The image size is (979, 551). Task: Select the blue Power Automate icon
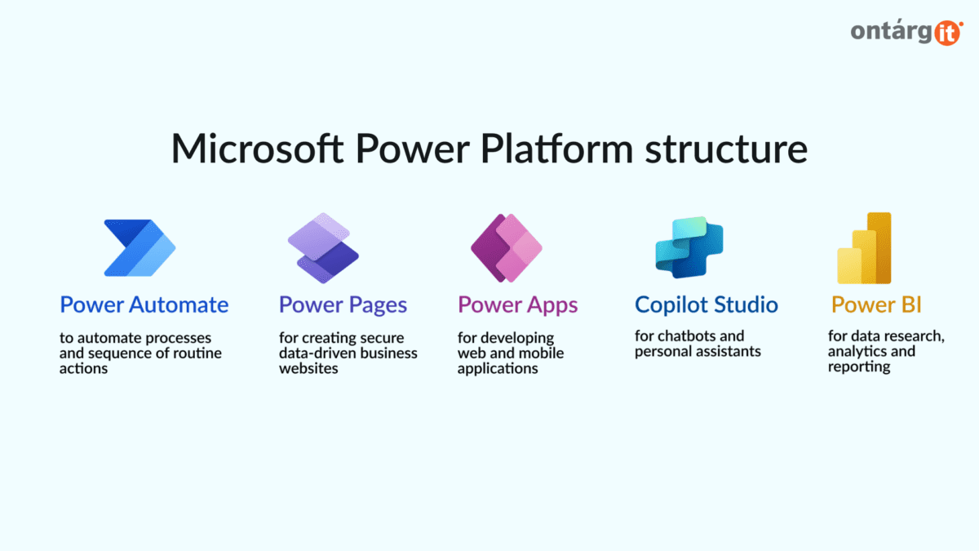tap(140, 247)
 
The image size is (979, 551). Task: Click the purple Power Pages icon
tap(319, 247)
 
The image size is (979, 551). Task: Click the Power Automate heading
tap(144, 305)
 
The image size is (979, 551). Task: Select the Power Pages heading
tap(343, 305)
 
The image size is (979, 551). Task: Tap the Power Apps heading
tap(517, 305)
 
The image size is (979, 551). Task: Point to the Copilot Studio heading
tap(707, 305)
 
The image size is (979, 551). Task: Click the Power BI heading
tap(876, 305)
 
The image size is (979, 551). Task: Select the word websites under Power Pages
tap(308, 369)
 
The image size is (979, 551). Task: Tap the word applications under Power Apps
tap(498, 369)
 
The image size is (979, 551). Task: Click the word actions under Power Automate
tap(83, 369)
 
